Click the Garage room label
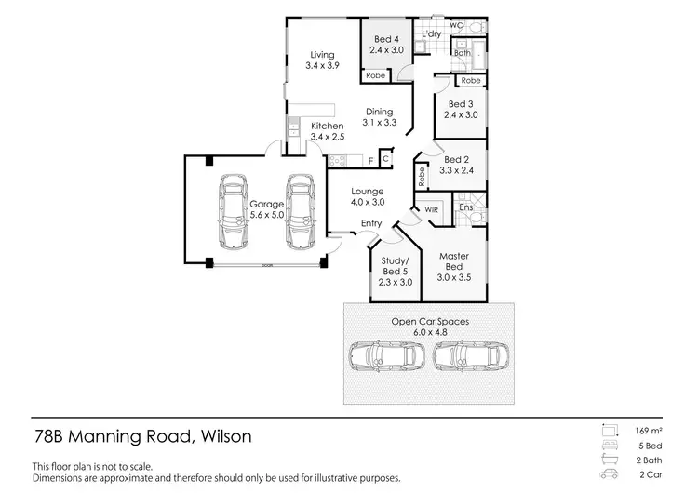point(266,209)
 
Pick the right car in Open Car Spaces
point(470,357)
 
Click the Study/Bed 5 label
point(390,273)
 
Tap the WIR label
point(431,210)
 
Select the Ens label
point(464,207)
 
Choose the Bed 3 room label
point(463,110)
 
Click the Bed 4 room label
point(388,44)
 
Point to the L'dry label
point(431,34)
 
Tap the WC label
point(456,25)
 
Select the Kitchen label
point(328,131)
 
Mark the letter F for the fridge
point(370,162)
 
